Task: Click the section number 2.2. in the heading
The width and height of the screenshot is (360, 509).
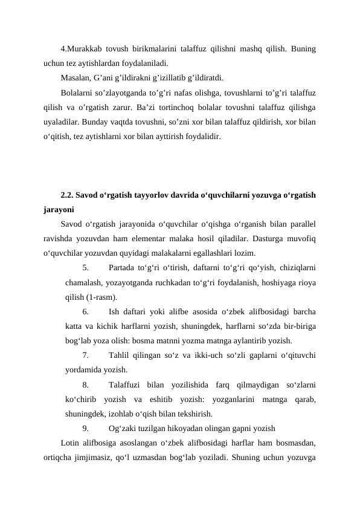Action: click(x=68, y=196)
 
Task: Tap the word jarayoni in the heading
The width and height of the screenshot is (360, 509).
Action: click(x=59, y=210)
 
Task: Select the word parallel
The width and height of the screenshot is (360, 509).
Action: click(x=301, y=224)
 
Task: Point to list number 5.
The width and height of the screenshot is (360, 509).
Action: click(x=86, y=268)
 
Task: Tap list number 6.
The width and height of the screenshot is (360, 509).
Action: click(x=86, y=312)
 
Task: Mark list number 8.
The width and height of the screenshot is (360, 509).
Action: click(x=86, y=384)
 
